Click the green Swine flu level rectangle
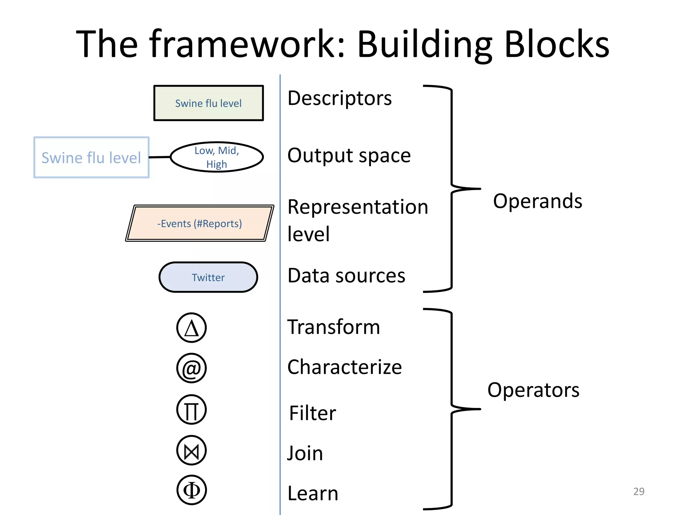[x=208, y=103]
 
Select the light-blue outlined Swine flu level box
[x=91, y=157]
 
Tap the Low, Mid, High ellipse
[x=217, y=157]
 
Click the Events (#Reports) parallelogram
[x=200, y=223]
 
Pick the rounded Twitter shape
[x=208, y=277]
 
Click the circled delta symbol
[x=191, y=328]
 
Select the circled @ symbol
[x=191, y=368]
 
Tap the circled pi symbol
[x=191, y=409]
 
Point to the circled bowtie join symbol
[x=191, y=450]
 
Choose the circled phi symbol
[x=191, y=490]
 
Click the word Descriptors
[x=339, y=98]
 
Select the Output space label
[x=349, y=156]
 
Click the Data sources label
[x=346, y=276]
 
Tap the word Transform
[x=334, y=327]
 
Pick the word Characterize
[x=344, y=367]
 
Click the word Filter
[x=312, y=413]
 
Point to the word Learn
[x=313, y=494]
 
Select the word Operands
[x=537, y=201]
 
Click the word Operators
[x=533, y=390]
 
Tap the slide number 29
[x=638, y=491]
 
